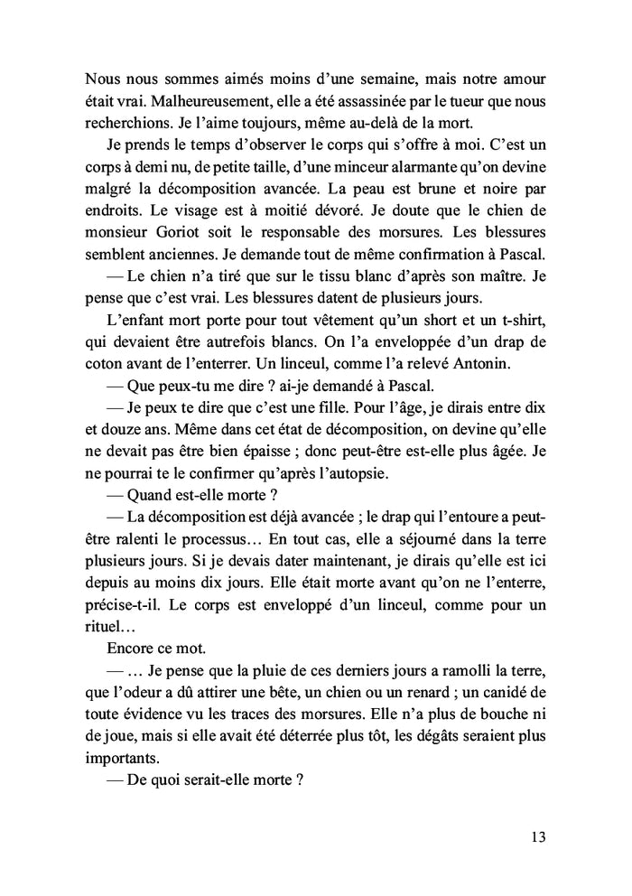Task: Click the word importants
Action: pos(118,759)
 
